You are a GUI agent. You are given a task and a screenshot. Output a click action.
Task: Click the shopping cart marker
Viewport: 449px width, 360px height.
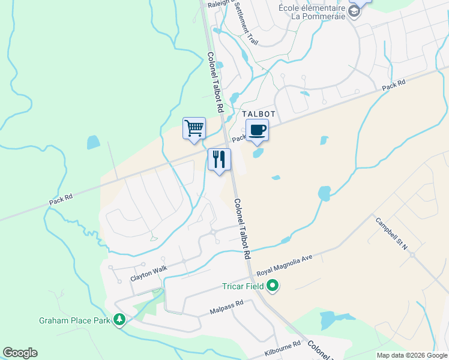click(194, 128)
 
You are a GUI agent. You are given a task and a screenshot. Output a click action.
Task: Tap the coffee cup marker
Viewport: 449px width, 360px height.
click(257, 130)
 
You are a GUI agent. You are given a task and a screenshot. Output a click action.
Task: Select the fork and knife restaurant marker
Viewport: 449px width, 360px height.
click(219, 160)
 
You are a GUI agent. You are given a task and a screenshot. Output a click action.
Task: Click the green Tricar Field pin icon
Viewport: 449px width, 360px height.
click(273, 286)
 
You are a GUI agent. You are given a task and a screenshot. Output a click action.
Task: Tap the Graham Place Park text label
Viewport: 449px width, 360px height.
click(74, 320)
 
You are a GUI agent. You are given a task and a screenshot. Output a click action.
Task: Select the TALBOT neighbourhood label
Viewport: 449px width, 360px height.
click(258, 114)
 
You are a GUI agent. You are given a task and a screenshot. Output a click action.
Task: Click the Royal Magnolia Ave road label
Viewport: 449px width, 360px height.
click(285, 266)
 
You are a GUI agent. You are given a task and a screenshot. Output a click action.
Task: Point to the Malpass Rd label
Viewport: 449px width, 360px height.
click(226, 307)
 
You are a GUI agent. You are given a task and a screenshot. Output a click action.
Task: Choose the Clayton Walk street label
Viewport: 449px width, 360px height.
click(149, 274)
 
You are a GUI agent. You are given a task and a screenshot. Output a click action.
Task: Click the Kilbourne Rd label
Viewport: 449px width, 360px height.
click(282, 350)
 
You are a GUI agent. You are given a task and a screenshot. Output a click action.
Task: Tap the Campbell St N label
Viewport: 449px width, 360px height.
click(391, 233)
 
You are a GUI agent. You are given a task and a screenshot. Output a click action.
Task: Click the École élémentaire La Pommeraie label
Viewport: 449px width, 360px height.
click(312, 11)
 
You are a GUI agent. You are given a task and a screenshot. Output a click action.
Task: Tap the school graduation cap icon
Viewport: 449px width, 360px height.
click(355, 10)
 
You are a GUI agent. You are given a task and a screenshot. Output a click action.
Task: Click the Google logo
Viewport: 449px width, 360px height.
click(20, 353)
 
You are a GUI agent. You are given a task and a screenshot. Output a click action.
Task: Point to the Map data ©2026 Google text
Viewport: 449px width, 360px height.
click(412, 355)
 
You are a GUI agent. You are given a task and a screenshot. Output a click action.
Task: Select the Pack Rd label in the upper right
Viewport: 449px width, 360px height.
click(394, 85)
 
